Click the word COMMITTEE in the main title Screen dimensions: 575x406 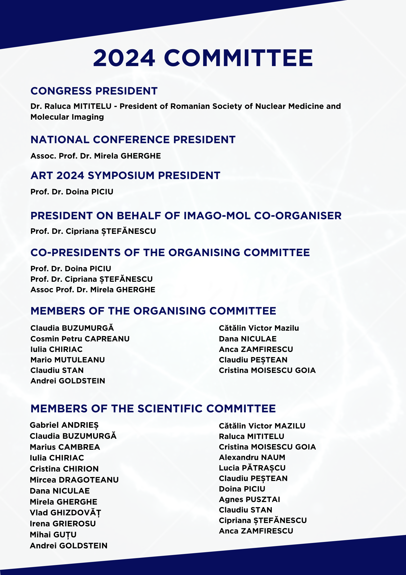238,58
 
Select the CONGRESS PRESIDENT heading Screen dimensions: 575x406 94,91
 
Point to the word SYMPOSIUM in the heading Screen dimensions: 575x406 121,176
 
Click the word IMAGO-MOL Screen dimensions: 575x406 217,216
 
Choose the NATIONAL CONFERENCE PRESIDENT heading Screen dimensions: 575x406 133,140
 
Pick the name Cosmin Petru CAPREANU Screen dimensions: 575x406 80,339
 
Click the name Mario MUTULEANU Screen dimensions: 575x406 68,360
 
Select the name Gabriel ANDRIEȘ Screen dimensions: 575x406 64,425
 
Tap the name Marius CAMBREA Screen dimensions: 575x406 65,447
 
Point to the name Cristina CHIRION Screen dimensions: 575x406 64,469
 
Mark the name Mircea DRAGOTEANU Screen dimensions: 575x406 74,480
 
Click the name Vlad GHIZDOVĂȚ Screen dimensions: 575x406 65,513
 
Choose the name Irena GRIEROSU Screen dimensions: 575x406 63,524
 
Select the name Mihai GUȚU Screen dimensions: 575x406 53,535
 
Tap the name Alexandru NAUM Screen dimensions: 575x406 252,457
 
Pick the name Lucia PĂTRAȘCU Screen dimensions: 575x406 252,468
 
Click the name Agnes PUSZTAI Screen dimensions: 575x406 249,499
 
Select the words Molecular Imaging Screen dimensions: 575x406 67,117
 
